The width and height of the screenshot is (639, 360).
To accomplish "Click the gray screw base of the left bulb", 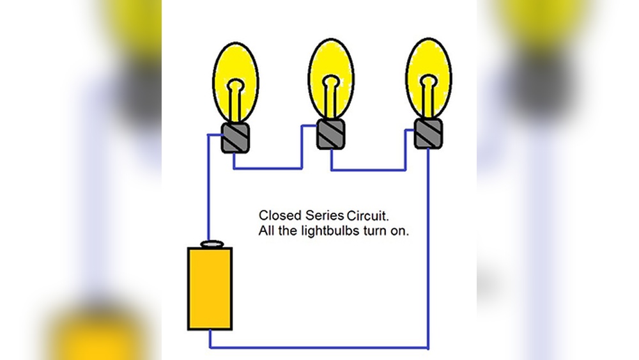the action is coord(235,138).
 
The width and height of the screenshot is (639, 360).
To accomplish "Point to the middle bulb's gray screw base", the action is coord(331,134).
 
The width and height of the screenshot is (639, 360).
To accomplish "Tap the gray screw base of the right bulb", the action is coord(428,133).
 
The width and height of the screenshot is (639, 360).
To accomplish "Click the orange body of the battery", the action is coord(210,288).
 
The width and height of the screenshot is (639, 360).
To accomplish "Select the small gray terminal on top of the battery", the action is coord(212,244).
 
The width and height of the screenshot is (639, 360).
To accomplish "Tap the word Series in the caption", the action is coord(325,215).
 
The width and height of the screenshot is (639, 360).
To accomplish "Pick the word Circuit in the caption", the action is coord(367,215).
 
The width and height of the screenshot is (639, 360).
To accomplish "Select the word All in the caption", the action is coord(266,231).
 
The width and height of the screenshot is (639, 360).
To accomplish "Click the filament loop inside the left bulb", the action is coord(236,86).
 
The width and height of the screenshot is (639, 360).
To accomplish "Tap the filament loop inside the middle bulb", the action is coord(331,82).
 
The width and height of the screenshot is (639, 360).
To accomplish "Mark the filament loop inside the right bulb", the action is coord(428,81).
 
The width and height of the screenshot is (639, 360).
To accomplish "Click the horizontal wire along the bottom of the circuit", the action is coord(319,348).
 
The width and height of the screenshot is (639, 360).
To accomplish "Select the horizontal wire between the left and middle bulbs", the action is coord(268,168).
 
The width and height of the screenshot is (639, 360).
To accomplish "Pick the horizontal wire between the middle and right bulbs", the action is coord(369,169).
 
